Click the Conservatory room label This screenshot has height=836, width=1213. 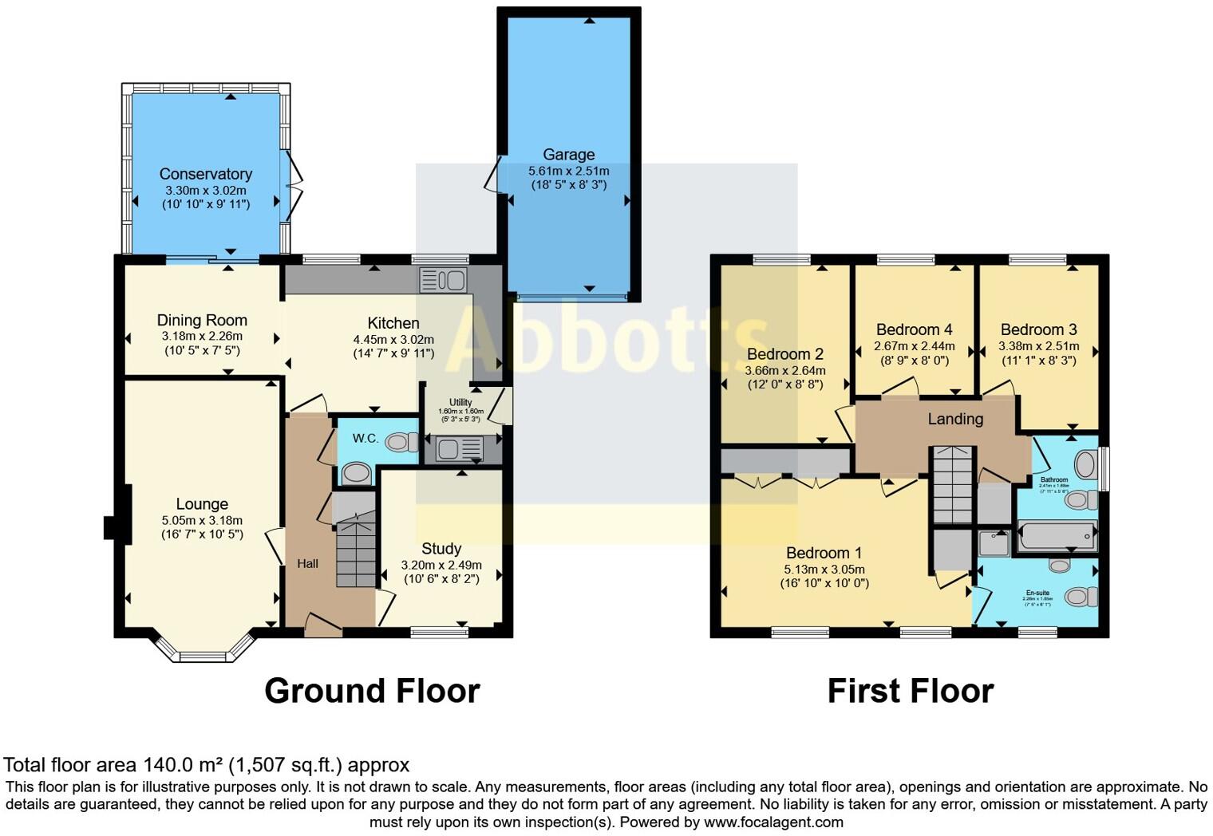tap(205, 174)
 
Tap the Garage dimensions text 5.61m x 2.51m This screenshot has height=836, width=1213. tap(568, 171)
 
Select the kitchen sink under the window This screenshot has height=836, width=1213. tap(443, 280)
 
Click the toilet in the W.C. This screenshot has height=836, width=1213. tap(401, 441)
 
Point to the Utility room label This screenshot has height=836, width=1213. tap(460, 402)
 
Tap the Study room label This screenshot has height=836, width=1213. tap(441, 549)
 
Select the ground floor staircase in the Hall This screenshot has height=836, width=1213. tap(356, 550)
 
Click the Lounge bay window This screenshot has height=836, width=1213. tap(202, 648)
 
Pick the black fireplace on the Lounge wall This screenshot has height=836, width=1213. tap(112, 527)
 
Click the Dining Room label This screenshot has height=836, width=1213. tap(202, 321)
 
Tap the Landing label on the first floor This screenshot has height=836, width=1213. tap(955, 419)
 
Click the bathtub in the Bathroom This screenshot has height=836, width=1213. tap(1057, 535)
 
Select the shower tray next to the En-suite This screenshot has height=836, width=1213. tap(994, 543)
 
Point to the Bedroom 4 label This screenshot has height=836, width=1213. tap(914, 329)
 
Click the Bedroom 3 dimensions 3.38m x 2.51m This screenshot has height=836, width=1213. tap(1038, 346)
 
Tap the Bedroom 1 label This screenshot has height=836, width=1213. tap(824, 553)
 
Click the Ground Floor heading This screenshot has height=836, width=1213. tap(372, 691)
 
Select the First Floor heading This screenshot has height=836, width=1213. tap(910, 691)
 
